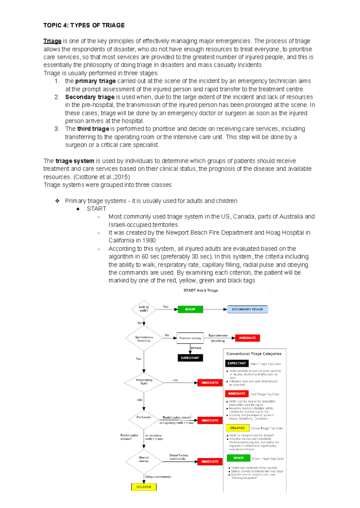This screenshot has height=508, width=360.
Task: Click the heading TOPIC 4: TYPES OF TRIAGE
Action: pyautogui.click(x=84, y=25)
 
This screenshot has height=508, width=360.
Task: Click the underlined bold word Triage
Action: pyautogui.click(x=52, y=41)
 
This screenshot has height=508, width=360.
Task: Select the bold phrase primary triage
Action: pyautogui.click(x=95, y=81)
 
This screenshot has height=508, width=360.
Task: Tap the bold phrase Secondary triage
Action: pyautogui.click(x=90, y=97)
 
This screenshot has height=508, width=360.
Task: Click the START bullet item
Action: pyautogui.click(x=96, y=209)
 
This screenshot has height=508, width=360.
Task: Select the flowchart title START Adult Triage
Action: pyautogui.click(x=201, y=290)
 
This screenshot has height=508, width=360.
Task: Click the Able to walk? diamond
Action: pyautogui.click(x=144, y=309)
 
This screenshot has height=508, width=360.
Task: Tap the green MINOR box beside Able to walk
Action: pyautogui.click(x=190, y=309)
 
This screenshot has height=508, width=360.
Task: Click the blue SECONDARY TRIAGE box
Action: pyautogui.click(x=247, y=309)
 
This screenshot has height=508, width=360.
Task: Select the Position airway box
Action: pyautogui.click(x=190, y=338)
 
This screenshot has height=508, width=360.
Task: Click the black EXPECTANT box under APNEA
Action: pyautogui.click(x=190, y=358)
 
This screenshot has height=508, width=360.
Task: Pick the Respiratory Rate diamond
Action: pyautogui.click(x=144, y=382)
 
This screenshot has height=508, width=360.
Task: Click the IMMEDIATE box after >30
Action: pyautogui.click(x=210, y=383)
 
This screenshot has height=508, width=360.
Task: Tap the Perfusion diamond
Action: pyautogui.click(x=144, y=418)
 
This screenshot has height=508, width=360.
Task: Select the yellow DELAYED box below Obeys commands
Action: pyautogui.click(x=144, y=487)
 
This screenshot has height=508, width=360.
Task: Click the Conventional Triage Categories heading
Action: pyautogui.click(x=254, y=354)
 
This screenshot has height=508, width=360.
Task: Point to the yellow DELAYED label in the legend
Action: pyautogui.click(x=237, y=428)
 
